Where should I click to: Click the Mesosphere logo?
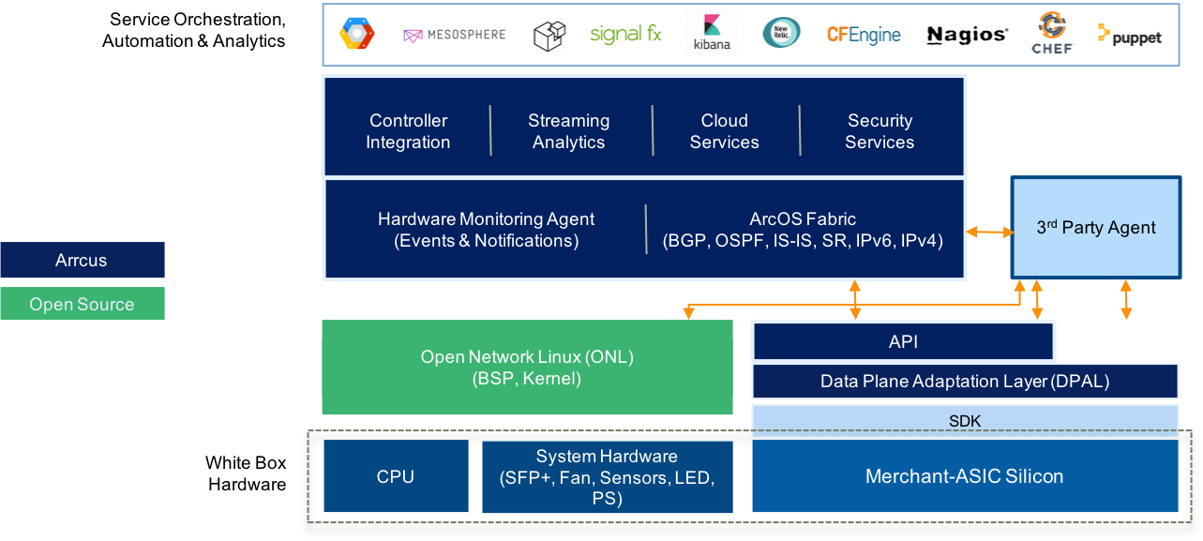click(x=454, y=36)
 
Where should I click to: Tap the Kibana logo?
click(x=712, y=33)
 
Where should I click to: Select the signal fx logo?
click(x=625, y=35)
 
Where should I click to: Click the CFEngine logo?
click(x=864, y=36)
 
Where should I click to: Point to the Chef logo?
click(x=1052, y=33)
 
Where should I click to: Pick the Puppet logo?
click(x=1130, y=37)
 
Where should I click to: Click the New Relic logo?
click(x=781, y=33)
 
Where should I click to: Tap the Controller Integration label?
click(x=408, y=131)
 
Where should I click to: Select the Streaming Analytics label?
click(x=568, y=131)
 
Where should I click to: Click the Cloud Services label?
click(x=725, y=131)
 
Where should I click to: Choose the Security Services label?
click(x=880, y=131)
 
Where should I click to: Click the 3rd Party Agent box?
click(x=1096, y=227)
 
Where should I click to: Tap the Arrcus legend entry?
click(x=82, y=261)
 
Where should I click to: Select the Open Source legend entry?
click(x=82, y=304)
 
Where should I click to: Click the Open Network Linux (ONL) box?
click(x=527, y=368)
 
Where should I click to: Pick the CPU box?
click(x=395, y=476)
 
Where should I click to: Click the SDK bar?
click(x=965, y=421)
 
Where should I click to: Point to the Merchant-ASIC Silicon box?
click(x=965, y=476)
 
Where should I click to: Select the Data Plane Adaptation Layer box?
click(x=965, y=382)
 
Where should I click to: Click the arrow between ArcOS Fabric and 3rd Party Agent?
click(x=988, y=231)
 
